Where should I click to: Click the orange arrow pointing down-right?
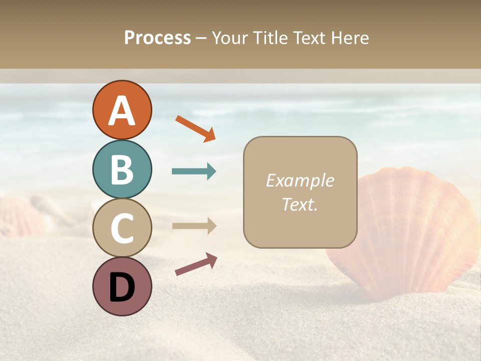pyautogui.click(x=195, y=128)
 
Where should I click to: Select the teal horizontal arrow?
pyautogui.click(x=194, y=171)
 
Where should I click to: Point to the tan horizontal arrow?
pyautogui.click(x=194, y=226)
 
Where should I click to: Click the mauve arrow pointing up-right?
pyautogui.click(x=196, y=264)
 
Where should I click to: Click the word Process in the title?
pyautogui.click(x=157, y=38)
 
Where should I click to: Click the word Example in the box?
pyautogui.click(x=300, y=180)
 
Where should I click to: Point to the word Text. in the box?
pyautogui.click(x=300, y=205)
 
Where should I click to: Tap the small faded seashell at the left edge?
pyautogui.click(x=20, y=216)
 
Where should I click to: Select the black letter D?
pyautogui.click(x=122, y=288)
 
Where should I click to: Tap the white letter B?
pyautogui.click(x=122, y=169)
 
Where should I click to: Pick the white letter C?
pyautogui.click(x=122, y=228)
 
